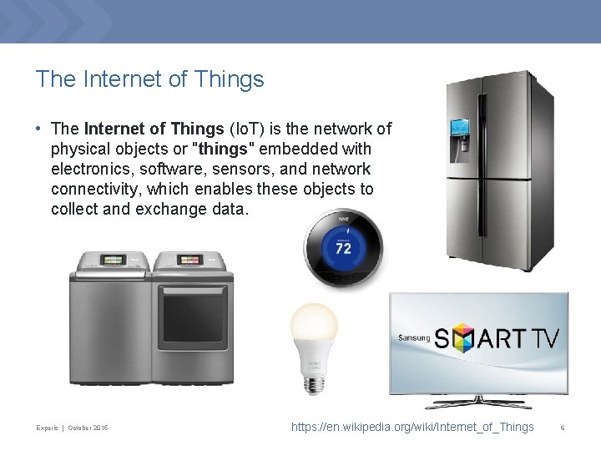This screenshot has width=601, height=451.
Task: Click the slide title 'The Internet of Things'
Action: pyautogui.click(x=149, y=79)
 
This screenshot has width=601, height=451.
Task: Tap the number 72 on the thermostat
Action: pyautogui.click(x=341, y=249)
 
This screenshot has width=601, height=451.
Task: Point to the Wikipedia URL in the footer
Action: pyautogui.click(x=412, y=428)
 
